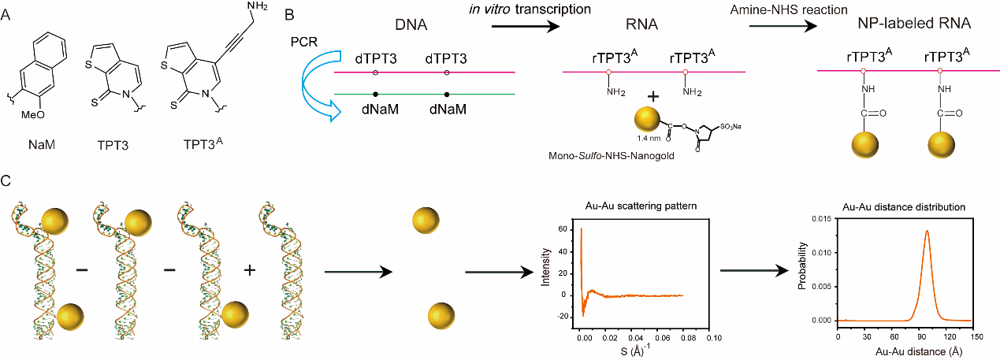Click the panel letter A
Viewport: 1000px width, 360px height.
7,15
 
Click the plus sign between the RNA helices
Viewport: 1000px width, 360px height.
250,270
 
